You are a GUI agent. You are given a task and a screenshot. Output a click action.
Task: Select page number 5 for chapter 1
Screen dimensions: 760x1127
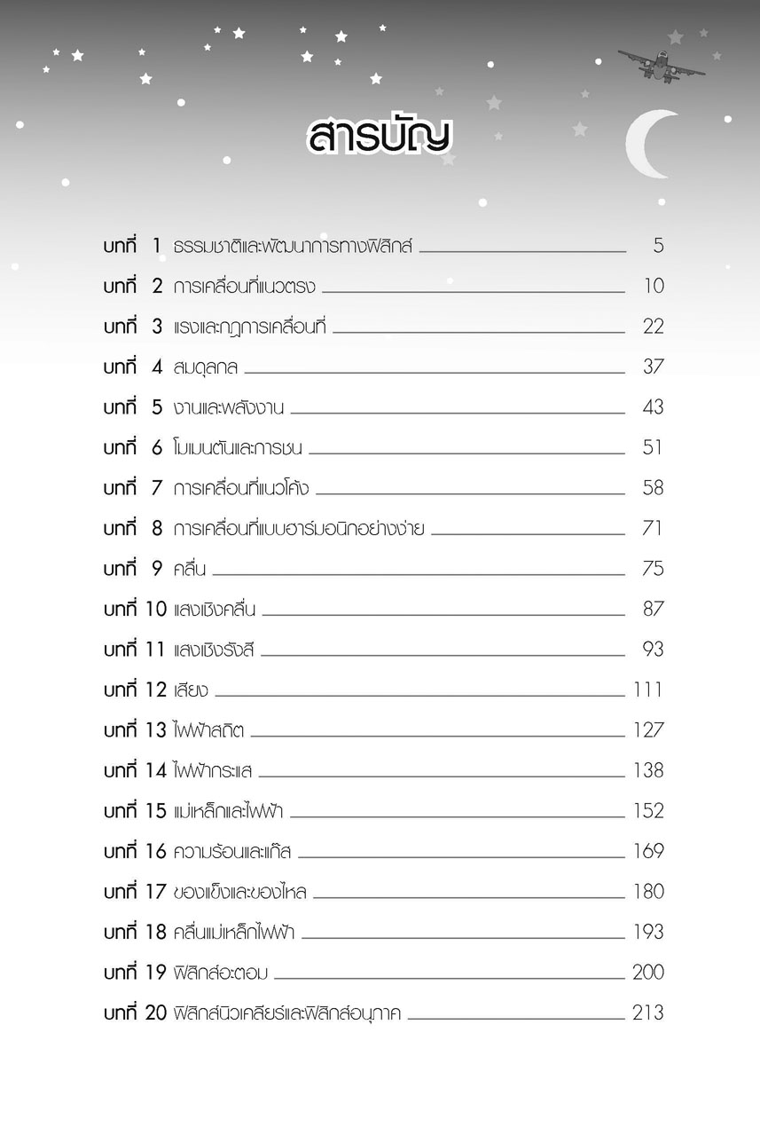(658, 246)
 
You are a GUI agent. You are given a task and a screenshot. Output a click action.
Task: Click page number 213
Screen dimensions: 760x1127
(647, 1013)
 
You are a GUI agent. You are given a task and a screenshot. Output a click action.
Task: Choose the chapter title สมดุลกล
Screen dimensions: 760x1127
(206, 367)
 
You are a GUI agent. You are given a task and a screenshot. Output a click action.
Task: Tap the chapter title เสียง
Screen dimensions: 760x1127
(191, 690)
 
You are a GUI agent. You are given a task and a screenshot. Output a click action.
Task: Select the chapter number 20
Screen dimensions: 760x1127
(155, 1013)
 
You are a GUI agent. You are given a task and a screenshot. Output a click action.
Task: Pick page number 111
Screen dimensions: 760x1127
(647, 690)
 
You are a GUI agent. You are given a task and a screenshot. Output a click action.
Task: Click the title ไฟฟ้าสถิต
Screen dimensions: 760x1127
(209, 730)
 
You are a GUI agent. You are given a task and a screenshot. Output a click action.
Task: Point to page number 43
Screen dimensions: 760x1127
(653, 407)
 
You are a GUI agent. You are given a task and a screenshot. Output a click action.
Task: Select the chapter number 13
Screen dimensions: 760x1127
(155, 730)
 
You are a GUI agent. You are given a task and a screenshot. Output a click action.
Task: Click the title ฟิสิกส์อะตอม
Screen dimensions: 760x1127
(221, 973)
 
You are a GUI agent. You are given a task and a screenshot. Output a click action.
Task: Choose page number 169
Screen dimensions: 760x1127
(647, 852)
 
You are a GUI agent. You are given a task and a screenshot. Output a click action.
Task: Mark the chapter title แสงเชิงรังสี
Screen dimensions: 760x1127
(214, 650)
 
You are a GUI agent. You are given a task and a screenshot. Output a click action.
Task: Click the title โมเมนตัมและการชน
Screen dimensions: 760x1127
(238, 448)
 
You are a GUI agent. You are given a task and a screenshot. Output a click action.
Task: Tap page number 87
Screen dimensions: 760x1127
(653, 610)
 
